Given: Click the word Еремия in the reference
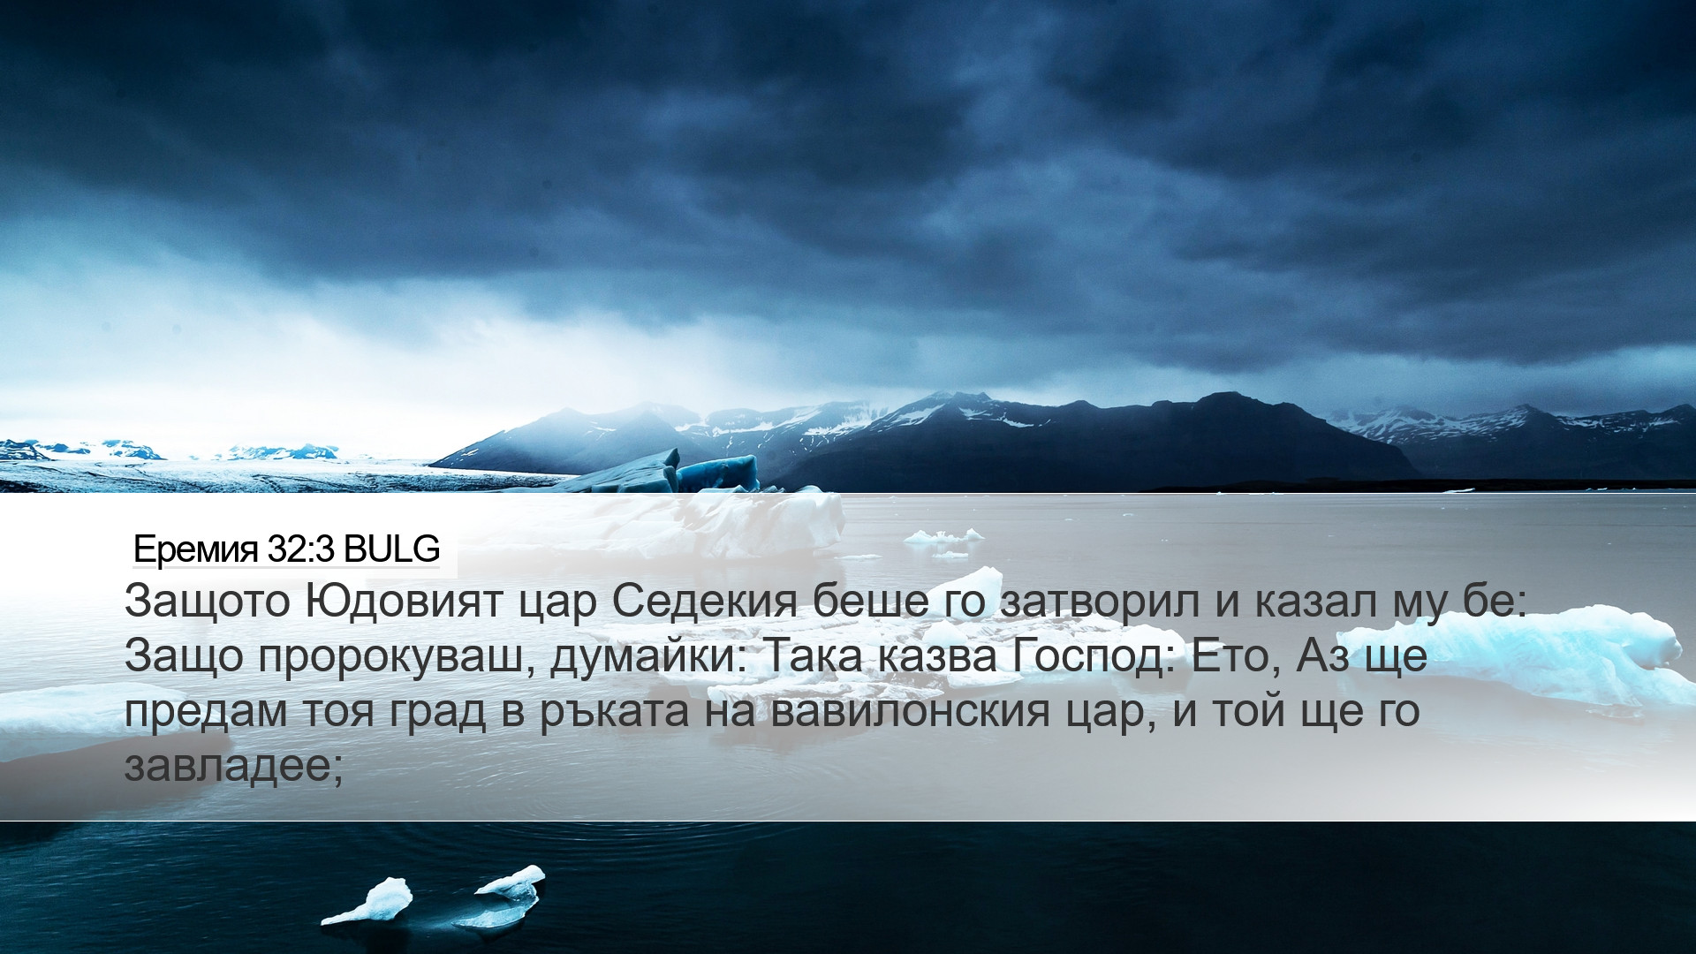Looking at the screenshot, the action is (x=196, y=550).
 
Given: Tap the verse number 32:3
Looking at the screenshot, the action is (x=300, y=549).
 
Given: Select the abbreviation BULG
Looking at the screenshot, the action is (x=391, y=549).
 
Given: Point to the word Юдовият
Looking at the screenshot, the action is (x=405, y=602).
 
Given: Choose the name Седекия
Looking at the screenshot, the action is (x=704, y=602).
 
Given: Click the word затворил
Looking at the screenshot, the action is (x=1101, y=602).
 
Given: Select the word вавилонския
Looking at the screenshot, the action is (x=911, y=712).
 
